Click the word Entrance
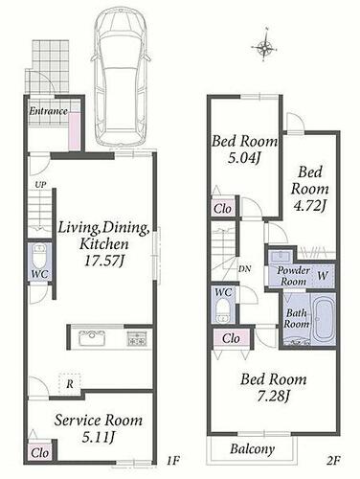[x=48, y=111]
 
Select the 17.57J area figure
[x=104, y=262]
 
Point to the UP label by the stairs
[x=40, y=185]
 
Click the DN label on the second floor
[x=245, y=269]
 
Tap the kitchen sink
[x=92, y=338]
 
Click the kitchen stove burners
[x=137, y=338]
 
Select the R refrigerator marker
[x=70, y=384]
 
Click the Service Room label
[x=99, y=421]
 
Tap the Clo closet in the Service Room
[x=40, y=452]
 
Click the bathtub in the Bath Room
[x=325, y=319]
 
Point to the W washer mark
[x=323, y=276]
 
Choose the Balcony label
[x=252, y=449]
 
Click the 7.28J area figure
[x=273, y=397]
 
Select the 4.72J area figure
[x=309, y=206]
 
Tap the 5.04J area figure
[x=244, y=158]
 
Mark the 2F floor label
[x=333, y=461]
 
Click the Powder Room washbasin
[x=281, y=257]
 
